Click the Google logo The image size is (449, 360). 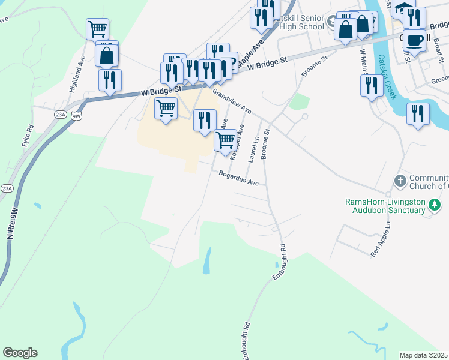20,353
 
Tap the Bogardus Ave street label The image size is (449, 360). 238,178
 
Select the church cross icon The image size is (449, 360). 400,181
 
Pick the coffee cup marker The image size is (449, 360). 414,40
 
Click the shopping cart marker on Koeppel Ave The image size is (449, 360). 224,140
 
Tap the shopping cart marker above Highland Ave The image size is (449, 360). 97,28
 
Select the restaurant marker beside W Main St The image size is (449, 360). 372,85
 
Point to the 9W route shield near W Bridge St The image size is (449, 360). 76,116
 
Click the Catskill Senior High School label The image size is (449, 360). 298,22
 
